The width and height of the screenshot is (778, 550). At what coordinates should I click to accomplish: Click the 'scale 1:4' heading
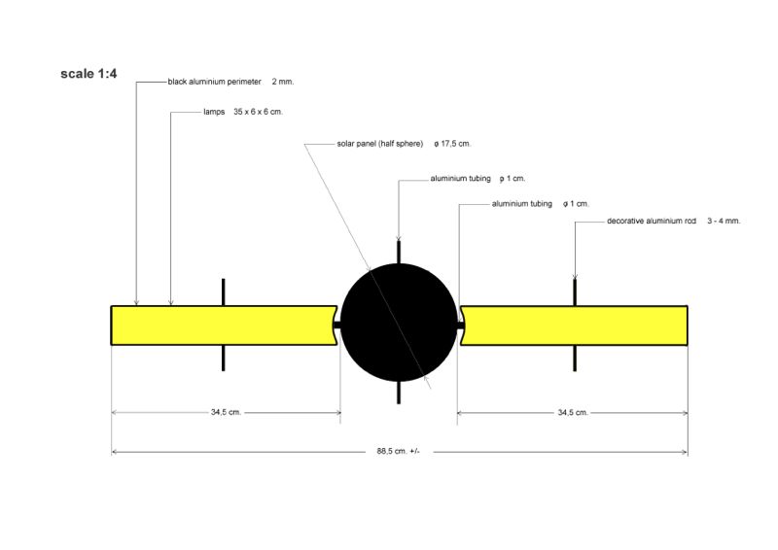coord(88,74)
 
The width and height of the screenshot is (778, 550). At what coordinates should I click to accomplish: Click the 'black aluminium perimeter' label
coord(214,82)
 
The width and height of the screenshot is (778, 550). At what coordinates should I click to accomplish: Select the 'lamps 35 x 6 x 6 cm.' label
coord(243,112)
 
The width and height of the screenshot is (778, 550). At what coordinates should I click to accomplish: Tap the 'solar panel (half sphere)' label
coord(380,144)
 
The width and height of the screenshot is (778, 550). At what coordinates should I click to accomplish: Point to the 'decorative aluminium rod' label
coord(652,221)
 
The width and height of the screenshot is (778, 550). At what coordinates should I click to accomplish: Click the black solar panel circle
coord(399,323)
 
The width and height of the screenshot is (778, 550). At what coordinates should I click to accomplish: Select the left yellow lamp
coord(225,326)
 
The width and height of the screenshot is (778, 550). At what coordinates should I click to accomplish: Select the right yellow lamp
coord(574,326)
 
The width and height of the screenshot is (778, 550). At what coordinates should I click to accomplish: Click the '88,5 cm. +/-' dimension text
coord(399,451)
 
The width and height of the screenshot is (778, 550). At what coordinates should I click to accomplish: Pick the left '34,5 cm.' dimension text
coord(227,412)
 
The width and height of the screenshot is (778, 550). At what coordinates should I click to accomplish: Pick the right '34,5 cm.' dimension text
coord(573,412)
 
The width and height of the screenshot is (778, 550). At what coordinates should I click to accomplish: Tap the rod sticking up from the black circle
coord(399,253)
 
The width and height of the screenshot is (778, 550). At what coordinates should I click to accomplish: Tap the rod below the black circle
coord(399,393)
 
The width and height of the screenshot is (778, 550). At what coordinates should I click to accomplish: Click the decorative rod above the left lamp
coord(224,292)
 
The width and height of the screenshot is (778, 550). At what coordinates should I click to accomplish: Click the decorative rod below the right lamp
coord(575,358)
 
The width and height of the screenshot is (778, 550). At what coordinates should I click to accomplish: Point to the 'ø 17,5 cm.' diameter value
coord(452,144)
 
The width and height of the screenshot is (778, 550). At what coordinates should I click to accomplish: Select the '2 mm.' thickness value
coord(283,82)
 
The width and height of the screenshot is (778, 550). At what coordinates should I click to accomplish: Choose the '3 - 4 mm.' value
coord(724,221)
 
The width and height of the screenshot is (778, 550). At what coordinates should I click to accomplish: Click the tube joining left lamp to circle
coord(336,326)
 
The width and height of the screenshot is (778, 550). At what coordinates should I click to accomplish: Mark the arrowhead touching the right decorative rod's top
coord(575,277)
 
